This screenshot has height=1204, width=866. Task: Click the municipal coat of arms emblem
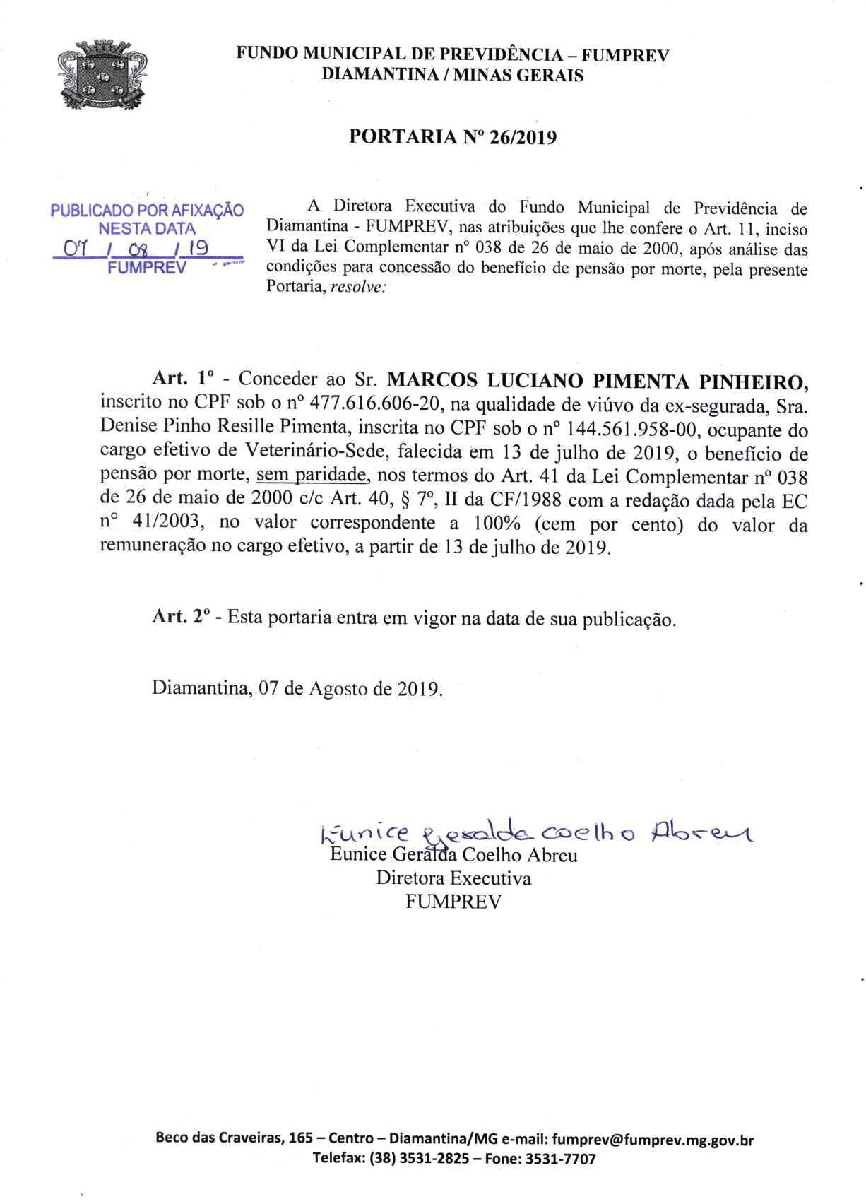(x=102, y=74)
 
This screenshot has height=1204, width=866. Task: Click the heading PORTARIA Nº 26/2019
(x=453, y=137)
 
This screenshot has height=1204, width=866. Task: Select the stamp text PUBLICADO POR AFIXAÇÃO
(x=147, y=211)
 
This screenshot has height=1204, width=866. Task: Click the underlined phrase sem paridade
(x=311, y=475)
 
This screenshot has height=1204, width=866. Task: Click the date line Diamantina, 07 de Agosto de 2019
(x=297, y=688)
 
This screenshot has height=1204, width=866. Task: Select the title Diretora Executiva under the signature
(x=453, y=878)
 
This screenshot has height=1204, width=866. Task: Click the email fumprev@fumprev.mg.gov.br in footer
(x=653, y=1139)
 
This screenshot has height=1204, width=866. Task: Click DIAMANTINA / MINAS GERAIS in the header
(x=453, y=76)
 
